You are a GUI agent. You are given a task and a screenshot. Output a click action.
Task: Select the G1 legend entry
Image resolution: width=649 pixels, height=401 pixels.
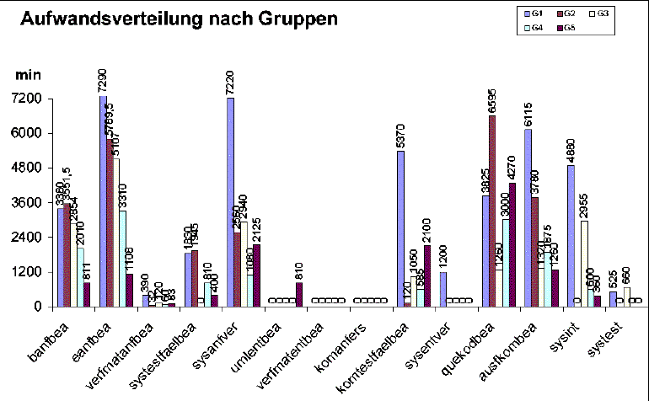pyautogui.click(x=534, y=13)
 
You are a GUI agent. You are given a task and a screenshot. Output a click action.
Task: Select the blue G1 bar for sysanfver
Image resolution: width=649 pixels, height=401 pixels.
pyautogui.click(x=230, y=202)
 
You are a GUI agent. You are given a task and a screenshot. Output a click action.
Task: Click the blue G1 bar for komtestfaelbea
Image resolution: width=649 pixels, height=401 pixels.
pyautogui.click(x=400, y=228)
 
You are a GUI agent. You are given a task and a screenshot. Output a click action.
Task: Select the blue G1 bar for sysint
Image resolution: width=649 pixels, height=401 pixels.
pyautogui.click(x=571, y=236)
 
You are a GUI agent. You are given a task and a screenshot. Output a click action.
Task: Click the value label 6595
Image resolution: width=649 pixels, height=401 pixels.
pyautogui.click(x=493, y=99)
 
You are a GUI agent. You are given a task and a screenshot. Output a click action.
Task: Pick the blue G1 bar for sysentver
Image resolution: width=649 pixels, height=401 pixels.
pyautogui.click(x=443, y=289)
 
